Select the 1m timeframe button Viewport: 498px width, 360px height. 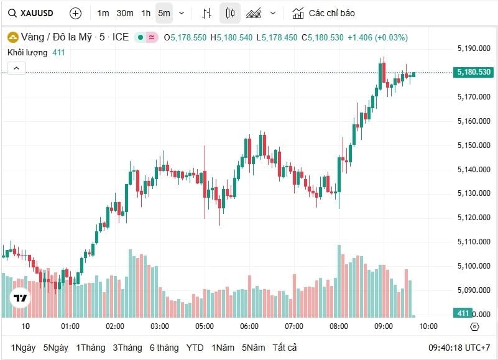[103, 13]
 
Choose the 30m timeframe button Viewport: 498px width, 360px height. [124, 13]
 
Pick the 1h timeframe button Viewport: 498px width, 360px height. [145, 13]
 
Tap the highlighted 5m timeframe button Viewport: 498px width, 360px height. [164, 13]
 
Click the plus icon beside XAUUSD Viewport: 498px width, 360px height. [75, 13]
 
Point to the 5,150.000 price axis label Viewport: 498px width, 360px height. [474, 145]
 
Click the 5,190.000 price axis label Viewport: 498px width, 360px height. [474, 48]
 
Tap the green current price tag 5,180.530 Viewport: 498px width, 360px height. [474, 72]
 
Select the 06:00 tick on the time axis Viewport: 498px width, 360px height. [249, 326]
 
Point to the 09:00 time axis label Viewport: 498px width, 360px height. [384, 326]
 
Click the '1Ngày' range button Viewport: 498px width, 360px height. [23, 348]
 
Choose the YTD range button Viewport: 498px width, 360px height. [195, 348]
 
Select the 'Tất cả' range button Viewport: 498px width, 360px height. [284, 348]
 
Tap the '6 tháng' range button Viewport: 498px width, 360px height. [164, 348]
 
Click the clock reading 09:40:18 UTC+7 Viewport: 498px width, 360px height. [459, 348]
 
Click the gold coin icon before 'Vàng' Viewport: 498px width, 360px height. [11, 37]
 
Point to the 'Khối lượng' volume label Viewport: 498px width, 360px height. [28, 52]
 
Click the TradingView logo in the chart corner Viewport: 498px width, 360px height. [21, 298]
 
